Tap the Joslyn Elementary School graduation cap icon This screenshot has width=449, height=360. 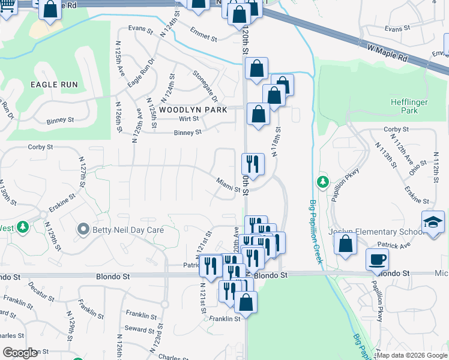433,223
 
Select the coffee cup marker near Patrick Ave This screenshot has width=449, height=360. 377,259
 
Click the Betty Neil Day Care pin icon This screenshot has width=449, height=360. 83,229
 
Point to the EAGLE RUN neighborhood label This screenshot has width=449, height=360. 55,85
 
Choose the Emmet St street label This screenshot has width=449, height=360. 203,34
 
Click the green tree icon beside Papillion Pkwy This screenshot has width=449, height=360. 323,181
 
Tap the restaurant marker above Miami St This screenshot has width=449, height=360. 253,164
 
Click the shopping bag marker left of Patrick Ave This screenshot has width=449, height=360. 345,244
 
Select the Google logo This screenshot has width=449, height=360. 20,353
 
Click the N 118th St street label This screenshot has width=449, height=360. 276,142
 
